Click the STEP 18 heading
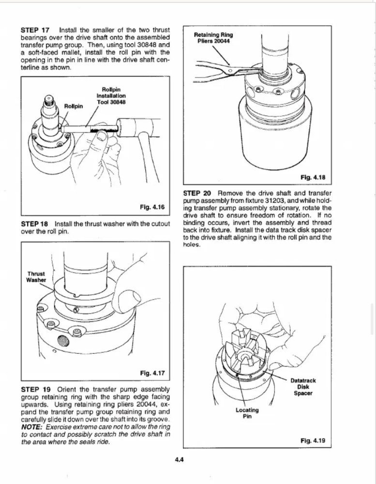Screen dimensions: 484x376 point(35,224)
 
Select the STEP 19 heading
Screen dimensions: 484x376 point(35,389)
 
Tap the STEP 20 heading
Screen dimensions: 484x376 point(197,194)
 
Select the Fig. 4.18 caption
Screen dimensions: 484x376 point(312,178)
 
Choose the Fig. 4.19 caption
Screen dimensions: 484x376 point(312,441)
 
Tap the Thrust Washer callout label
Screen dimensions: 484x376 point(37,277)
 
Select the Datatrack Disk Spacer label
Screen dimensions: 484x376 point(303,387)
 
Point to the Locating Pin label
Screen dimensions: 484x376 point(247,413)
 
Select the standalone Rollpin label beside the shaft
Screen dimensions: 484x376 point(74,106)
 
